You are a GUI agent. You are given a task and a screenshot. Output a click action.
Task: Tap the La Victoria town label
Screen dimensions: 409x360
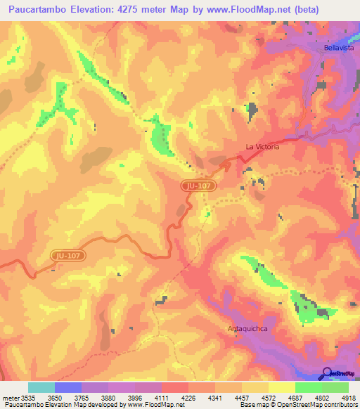pyautogui.click(x=262, y=147)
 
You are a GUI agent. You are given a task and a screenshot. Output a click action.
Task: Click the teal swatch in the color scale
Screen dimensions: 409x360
pyautogui.click(x=41, y=387)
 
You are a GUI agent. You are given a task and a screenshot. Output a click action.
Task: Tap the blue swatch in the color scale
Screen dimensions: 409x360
pyautogui.click(x=68, y=387)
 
